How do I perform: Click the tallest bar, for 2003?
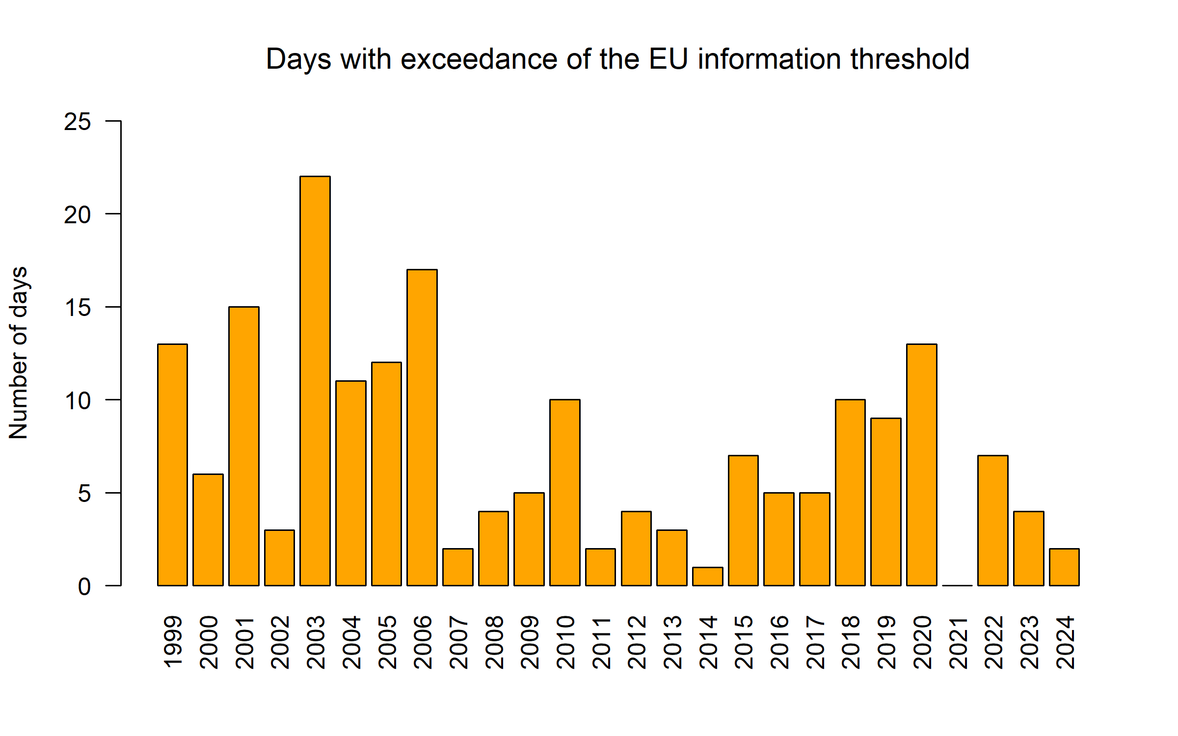pos(315,381)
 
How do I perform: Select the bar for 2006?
pos(422,427)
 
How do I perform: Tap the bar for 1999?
pos(172,465)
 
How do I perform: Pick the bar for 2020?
pos(922,465)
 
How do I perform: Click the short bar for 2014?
pos(708,577)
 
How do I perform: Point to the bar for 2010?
pos(565,493)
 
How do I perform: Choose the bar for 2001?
pos(244,446)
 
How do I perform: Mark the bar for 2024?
pos(1064,567)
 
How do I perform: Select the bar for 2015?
pos(743,521)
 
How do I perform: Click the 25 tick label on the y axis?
pos(78,122)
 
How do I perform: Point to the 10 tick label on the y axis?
pos(78,401)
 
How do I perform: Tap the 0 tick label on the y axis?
pos(84,587)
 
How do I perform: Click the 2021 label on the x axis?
pos(958,642)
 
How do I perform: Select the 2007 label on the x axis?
pos(458,642)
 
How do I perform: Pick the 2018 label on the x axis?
pos(851,642)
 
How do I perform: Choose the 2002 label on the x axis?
pos(280,642)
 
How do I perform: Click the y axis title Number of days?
pos(19,353)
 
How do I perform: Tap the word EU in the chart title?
pos(669,59)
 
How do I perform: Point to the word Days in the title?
pos(298,60)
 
